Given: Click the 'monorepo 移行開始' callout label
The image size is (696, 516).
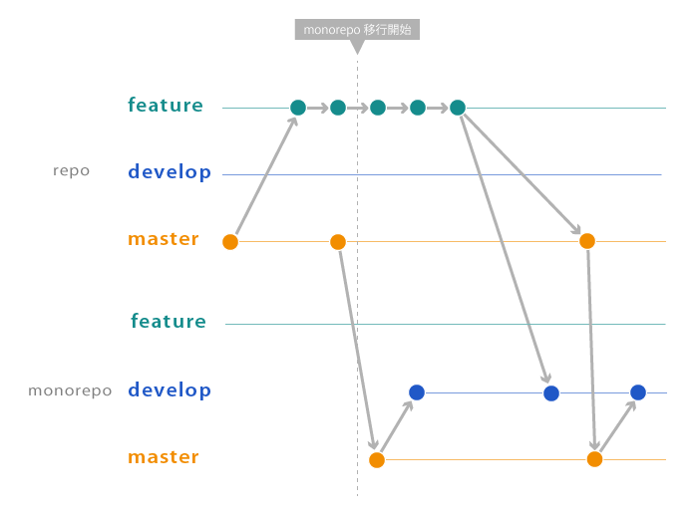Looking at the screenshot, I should pyautogui.click(x=357, y=30).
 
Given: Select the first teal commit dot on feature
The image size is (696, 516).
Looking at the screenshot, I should pyautogui.click(x=298, y=108).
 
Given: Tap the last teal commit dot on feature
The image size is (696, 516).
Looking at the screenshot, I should pyautogui.click(x=458, y=108).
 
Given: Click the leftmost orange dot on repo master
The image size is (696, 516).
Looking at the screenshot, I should pyautogui.click(x=230, y=242).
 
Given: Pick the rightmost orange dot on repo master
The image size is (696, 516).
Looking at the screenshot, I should pyautogui.click(x=587, y=241).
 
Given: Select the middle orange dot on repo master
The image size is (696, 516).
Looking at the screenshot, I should pyautogui.click(x=338, y=242).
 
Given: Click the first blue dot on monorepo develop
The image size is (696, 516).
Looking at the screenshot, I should pyautogui.click(x=417, y=392).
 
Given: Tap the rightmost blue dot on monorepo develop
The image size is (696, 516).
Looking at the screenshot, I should pyautogui.click(x=638, y=392).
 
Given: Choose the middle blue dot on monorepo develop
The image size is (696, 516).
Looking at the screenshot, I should pyautogui.click(x=551, y=393).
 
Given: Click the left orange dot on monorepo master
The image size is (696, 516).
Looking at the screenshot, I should pyautogui.click(x=377, y=460).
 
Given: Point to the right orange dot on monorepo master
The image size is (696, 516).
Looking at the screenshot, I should pyautogui.click(x=595, y=459).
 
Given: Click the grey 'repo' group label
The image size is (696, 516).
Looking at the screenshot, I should pyautogui.click(x=71, y=170).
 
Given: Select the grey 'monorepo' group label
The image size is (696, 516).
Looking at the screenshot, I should pyautogui.click(x=70, y=390).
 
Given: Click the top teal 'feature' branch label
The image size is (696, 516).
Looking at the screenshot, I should pyautogui.click(x=166, y=106).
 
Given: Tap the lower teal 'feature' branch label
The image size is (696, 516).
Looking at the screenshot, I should pyautogui.click(x=169, y=322).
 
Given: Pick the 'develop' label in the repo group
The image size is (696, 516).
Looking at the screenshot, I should pyautogui.click(x=170, y=172).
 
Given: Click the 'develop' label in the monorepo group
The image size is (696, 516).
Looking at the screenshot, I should pyautogui.click(x=170, y=390).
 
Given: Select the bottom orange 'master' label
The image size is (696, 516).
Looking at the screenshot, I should pyautogui.click(x=164, y=457).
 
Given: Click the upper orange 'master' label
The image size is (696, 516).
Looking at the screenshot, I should pyautogui.click(x=164, y=239).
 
